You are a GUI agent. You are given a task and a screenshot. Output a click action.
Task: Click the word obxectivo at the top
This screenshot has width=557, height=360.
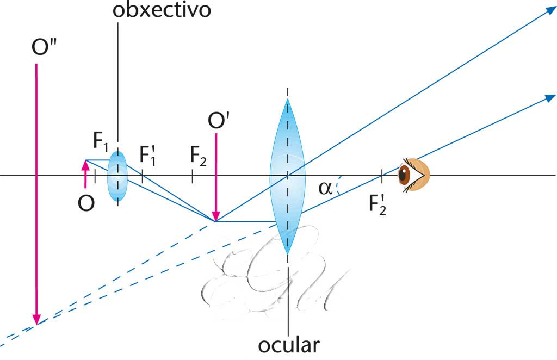pos(162,10)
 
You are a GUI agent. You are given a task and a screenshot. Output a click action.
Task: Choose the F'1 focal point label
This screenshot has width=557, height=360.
pos(147,155)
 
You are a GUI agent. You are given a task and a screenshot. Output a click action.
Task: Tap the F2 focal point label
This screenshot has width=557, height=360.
pos(199,155)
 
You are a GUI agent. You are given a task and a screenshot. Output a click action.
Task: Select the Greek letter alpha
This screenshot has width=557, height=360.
pos(325,188)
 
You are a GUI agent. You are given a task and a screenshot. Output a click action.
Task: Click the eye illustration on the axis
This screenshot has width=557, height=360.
pos(414,175)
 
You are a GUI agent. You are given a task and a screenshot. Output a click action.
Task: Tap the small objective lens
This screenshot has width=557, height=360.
pos(117,176)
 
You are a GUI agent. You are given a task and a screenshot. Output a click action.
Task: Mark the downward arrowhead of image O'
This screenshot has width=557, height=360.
pos(216,216)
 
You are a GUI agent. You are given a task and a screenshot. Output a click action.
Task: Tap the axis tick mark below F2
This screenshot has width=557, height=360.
pos(193,176)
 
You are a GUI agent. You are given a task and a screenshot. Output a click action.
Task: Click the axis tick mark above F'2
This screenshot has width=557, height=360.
pos(382,176)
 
